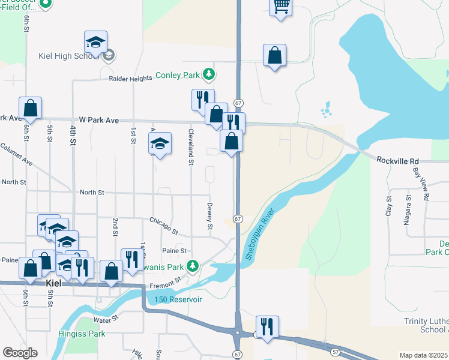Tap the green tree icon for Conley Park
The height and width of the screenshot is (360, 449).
coord(208,75)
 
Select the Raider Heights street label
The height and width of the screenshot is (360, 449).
coord(130,79)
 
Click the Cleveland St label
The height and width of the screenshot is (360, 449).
coord(191,146)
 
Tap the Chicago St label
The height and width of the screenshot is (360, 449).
coord(164,226)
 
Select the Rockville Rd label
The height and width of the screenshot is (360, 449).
coord(397,161)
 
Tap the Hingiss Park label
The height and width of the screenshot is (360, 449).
coord(82,334)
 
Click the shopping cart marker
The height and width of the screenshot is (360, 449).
coord(281,7)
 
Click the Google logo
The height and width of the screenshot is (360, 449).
coord(20,353)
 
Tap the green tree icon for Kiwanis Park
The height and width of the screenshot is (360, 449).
coord(192,266)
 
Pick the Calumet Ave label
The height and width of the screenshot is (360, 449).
coord(16,154)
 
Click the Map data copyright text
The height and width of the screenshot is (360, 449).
coord(424,355)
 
